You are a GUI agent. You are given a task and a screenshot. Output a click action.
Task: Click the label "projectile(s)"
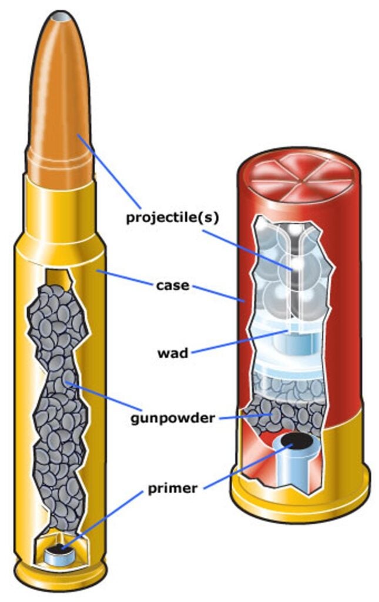click(172, 218)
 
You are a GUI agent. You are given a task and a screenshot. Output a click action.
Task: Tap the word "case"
click(173, 286)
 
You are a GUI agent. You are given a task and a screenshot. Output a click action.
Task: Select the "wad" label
click(172, 354)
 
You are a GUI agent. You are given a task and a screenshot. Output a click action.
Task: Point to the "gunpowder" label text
click(172, 419)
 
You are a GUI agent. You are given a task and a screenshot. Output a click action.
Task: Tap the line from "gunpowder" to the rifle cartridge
click(106, 400)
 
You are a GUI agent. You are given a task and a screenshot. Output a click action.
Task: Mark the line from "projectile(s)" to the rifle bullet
click(112, 170)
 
